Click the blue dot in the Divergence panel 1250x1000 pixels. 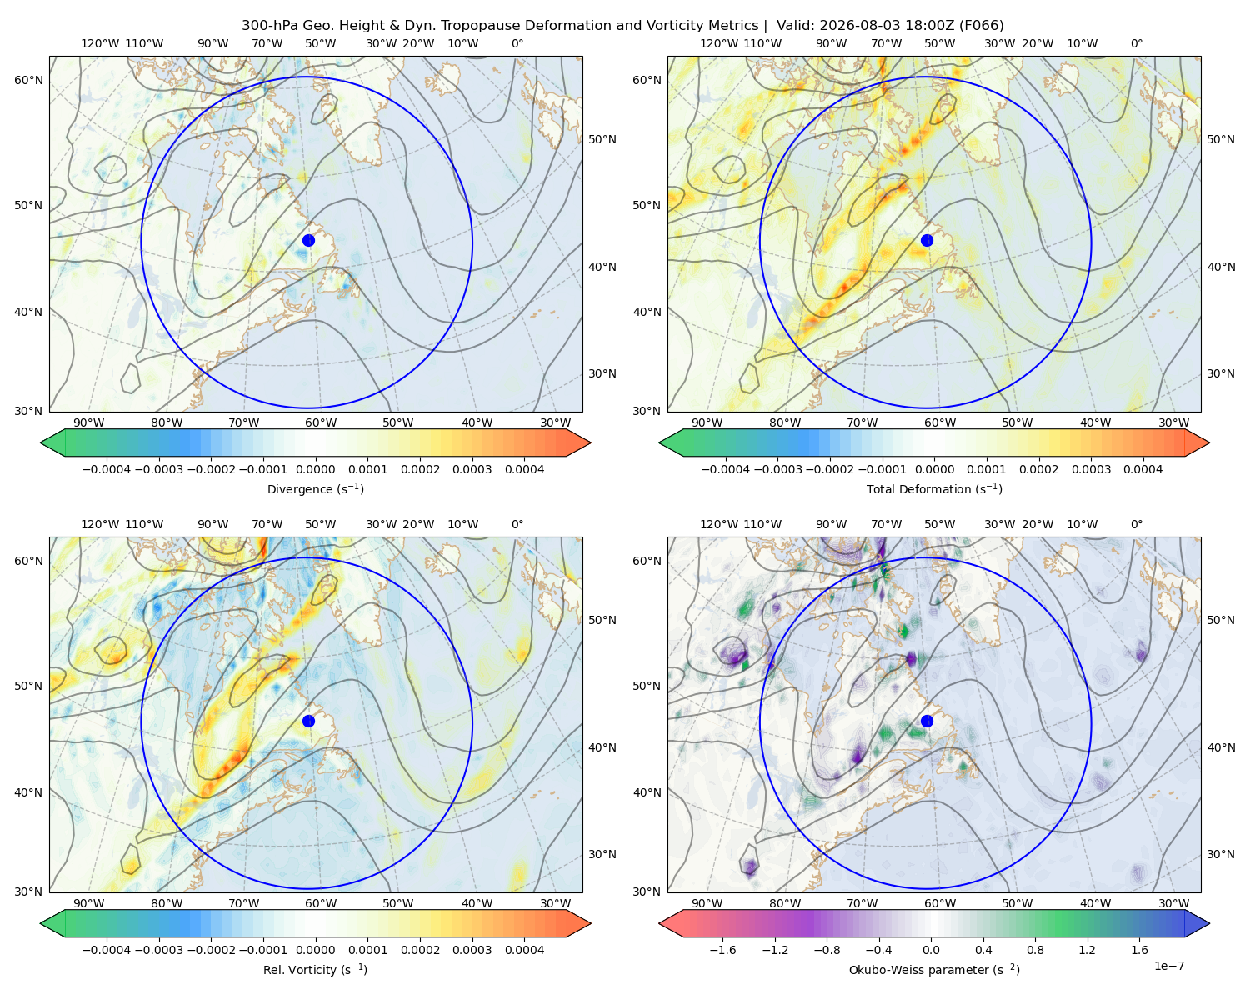pos(308,240)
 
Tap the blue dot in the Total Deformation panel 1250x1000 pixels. pos(927,240)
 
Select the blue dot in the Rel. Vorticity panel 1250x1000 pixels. pos(308,721)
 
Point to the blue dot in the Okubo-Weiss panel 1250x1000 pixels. pos(927,721)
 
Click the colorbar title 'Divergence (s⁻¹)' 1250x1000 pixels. pos(315,488)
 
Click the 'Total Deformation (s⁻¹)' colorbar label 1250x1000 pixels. pos(934,488)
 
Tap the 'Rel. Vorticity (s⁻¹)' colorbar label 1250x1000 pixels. pos(315,969)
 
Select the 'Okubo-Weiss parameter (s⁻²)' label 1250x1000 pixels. pos(934,969)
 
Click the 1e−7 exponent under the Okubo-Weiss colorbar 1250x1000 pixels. pos(1168,966)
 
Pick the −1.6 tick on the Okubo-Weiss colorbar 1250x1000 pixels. pos(722,950)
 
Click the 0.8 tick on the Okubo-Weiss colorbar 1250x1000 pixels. pos(1035,950)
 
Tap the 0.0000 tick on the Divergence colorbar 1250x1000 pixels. pos(315,469)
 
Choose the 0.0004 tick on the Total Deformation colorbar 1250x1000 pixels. pos(1142,469)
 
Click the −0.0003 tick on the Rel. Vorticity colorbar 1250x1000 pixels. pos(158,950)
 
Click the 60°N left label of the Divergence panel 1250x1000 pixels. pos(28,80)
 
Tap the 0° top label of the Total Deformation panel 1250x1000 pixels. pos(1136,43)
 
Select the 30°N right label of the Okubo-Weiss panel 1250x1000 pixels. pos(1220,854)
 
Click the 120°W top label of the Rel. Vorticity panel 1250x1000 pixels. pos(100,524)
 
